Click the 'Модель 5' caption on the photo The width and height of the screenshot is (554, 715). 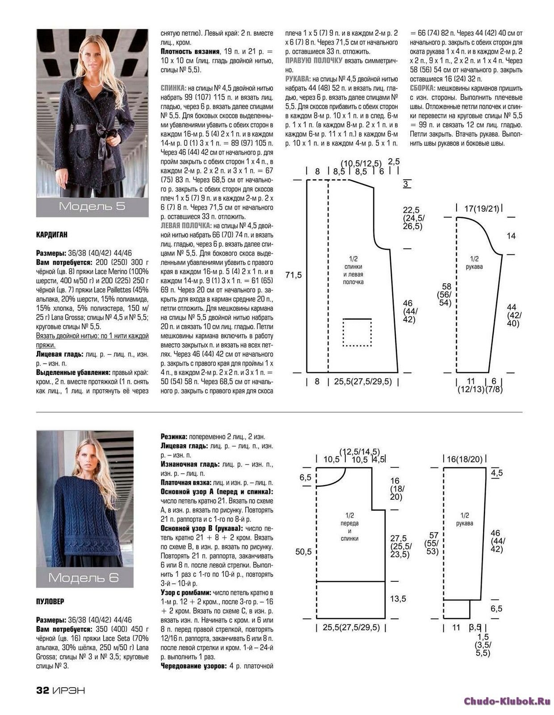pos(92,206)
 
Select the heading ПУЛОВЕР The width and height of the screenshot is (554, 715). pos(50,601)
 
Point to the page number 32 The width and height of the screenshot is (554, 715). pos(42,690)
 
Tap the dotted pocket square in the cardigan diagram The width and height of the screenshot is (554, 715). pos(357,332)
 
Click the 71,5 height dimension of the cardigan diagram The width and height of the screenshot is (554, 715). pos(294,275)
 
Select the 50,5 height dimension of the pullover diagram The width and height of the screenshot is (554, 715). pos(303,552)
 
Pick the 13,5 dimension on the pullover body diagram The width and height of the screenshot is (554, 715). pos(398,599)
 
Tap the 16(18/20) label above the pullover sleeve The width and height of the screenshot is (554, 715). pos(465,459)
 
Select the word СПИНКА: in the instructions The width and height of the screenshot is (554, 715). pos(174,88)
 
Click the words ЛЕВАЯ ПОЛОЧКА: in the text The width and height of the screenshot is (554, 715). pos(185,226)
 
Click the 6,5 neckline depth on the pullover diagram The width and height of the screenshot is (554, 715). pos(306,478)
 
